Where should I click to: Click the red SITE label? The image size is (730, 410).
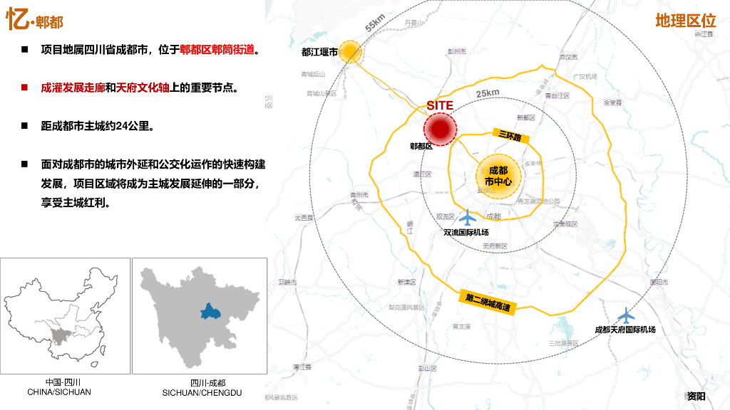[440, 105]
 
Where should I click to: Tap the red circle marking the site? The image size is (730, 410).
[440, 128]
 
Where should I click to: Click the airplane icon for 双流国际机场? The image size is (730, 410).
[467, 217]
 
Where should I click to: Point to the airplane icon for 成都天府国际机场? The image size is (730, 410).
[625, 315]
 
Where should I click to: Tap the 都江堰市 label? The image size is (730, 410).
[319, 52]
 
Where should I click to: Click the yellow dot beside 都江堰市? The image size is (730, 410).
[349, 51]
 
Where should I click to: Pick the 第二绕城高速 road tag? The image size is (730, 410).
[488, 302]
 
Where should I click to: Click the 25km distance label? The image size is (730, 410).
[488, 93]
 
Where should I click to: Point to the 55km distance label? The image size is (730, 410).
[375, 23]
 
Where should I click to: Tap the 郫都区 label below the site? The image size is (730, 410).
[421, 147]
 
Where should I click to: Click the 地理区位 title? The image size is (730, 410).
[685, 21]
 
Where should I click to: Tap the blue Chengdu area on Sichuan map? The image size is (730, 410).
[210, 311]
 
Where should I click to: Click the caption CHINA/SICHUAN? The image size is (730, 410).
[59, 391]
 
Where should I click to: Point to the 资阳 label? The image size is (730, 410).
[696, 396]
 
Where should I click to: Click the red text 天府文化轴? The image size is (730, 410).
[142, 88]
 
